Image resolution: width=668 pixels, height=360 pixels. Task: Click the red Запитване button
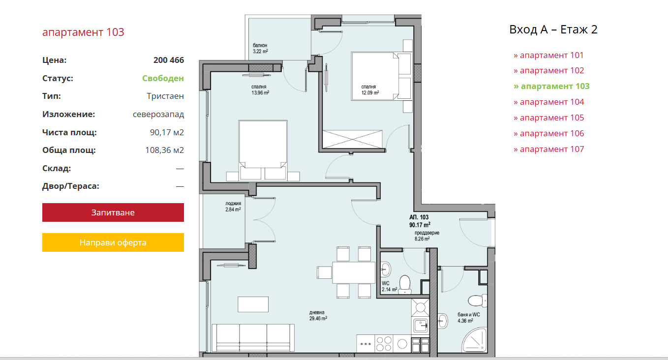[113, 212]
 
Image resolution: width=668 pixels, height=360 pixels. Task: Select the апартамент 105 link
[549, 118]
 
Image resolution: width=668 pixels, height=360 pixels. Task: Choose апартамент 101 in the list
[548, 55]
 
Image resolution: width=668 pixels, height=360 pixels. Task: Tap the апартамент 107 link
[549, 149]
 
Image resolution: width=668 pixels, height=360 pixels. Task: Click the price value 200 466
[169, 60]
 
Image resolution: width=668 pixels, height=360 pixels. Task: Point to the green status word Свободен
[163, 78]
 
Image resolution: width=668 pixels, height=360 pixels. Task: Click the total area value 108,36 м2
[165, 150]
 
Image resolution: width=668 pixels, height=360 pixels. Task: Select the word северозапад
[158, 114]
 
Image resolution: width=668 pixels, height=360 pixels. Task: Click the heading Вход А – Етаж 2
[553, 30]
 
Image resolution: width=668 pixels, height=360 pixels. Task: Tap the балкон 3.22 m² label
[260, 48]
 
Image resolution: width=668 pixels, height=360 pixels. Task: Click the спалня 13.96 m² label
[260, 90]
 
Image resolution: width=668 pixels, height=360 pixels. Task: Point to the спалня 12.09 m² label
[370, 90]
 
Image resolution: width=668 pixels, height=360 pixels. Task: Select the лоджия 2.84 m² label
[233, 207]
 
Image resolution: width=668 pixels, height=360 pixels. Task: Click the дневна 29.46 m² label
[318, 315]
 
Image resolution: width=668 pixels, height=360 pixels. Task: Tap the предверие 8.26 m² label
[427, 236]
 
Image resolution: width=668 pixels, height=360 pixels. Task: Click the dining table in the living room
[354, 272]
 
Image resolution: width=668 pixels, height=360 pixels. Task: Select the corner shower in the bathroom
[475, 339]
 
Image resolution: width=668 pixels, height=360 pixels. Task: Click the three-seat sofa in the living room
[253, 338]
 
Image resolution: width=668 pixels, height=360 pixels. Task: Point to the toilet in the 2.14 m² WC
[405, 284]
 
